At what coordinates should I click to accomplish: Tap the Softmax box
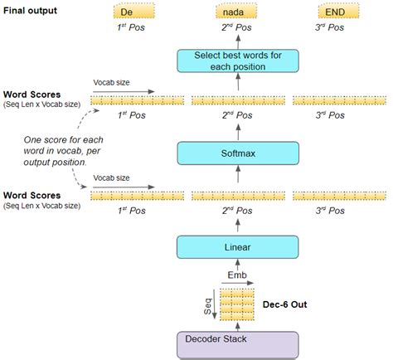237,152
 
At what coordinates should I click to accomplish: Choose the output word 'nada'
237,11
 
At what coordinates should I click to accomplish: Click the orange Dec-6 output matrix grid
237,304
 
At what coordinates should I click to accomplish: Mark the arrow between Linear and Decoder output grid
237,268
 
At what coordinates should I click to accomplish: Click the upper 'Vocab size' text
109,81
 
